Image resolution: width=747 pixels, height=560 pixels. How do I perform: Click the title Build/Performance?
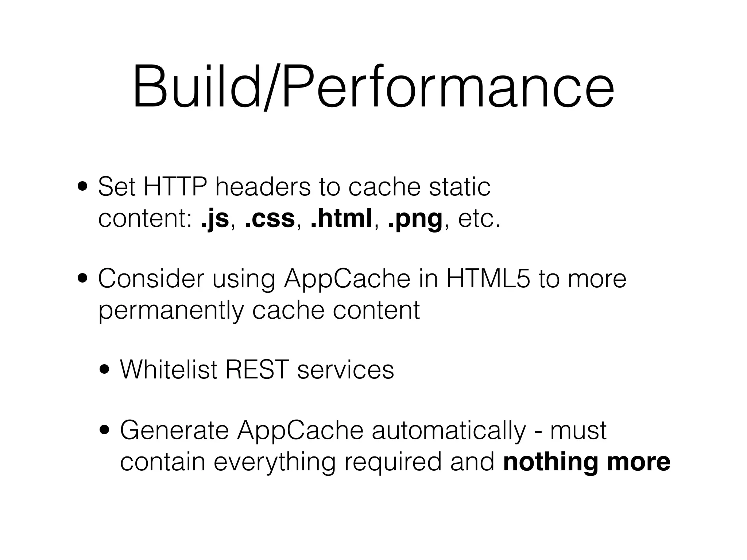tap(373, 87)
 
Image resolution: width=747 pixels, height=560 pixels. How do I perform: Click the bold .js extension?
tap(215, 219)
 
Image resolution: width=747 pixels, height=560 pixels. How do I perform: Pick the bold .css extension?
tap(270, 219)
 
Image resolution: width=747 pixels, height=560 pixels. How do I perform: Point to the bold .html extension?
tap(341, 219)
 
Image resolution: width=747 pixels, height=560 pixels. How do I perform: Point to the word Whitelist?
tap(169, 370)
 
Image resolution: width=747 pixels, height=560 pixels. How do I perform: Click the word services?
tap(345, 370)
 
